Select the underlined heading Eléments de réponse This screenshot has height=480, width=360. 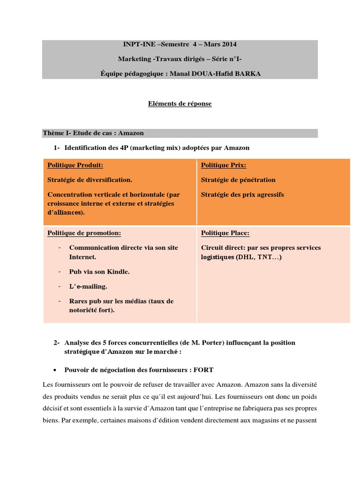(180, 104)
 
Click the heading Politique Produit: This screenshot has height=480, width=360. (75, 165)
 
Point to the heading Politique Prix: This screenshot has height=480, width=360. (223, 165)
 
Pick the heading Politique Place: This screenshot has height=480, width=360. (225, 233)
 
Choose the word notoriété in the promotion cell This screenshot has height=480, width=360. (78, 310)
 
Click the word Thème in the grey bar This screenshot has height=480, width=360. (52, 134)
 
